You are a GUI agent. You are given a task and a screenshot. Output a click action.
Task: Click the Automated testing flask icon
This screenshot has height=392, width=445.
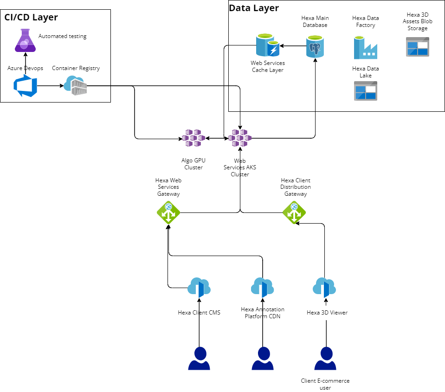(26, 40)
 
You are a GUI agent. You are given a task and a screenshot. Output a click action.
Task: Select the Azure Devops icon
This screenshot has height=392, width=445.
(25, 86)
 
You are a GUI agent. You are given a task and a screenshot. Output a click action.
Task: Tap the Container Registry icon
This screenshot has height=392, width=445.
(76, 85)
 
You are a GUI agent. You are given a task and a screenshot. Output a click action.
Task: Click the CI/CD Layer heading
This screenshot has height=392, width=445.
(31, 18)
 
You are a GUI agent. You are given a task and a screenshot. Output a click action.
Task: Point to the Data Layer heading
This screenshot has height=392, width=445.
(254, 8)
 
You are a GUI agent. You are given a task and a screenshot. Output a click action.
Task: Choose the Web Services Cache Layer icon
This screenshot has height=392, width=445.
(268, 45)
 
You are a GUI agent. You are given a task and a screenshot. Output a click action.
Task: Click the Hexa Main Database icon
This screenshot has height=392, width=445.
(315, 46)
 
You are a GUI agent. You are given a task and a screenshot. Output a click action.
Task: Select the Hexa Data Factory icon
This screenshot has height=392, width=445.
(366, 48)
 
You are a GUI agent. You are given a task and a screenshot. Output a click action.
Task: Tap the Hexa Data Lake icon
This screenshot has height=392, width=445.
(366, 91)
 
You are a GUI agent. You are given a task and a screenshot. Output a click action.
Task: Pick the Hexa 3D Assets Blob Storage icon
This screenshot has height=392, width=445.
(417, 47)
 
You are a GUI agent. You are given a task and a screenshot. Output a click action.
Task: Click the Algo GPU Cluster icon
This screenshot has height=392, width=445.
(193, 138)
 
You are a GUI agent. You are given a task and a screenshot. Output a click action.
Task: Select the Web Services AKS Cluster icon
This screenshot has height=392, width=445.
(240, 138)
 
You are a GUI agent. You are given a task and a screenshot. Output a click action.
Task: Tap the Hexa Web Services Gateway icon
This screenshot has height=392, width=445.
(168, 212)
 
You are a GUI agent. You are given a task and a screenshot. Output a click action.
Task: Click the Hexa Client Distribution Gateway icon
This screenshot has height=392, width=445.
(294, 212)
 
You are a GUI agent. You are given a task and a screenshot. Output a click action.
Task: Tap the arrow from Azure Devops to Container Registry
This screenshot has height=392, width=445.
(50, 86)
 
